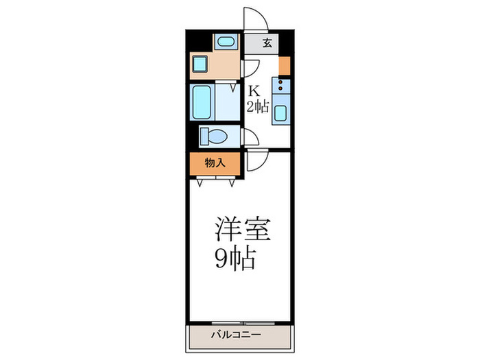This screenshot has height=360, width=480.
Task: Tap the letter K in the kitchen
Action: tap(254, 91)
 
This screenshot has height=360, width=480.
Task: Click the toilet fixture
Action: tap(213, 136)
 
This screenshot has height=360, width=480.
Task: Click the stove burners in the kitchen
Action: tap(281, 86)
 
